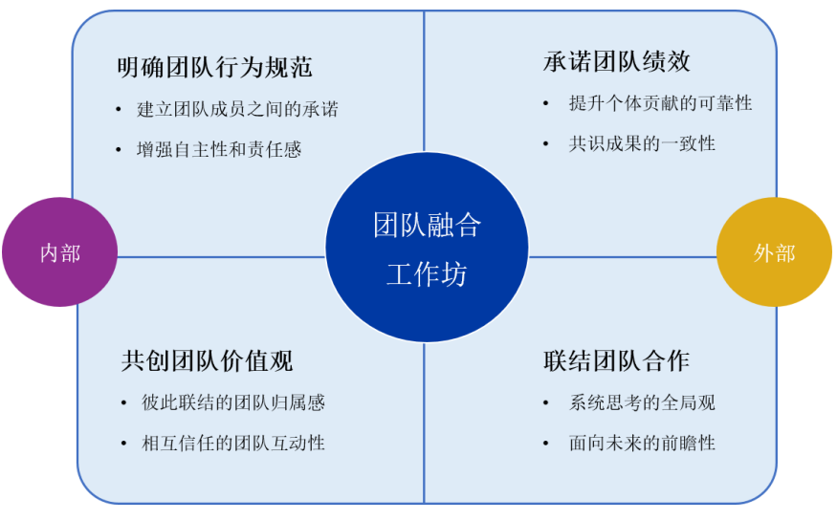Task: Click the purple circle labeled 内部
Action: point(59,252)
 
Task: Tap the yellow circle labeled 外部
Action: point(774,252)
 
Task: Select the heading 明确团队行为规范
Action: point(214,68)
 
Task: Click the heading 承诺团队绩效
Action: point(617,61)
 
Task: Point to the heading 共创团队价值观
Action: point(208,361)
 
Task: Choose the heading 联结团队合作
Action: point(617,361)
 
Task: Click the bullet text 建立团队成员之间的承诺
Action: point(237,109)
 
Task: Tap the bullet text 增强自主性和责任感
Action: point(219,149)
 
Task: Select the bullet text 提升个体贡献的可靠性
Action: point(660,103)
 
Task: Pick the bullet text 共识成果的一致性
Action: point(642,143)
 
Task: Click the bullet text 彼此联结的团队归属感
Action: point(233,402)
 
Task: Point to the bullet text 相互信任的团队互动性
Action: point(233,444)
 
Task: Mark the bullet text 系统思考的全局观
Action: point(642,402)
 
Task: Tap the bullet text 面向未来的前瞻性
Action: point(642,444)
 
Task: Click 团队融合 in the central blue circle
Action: point(427,225)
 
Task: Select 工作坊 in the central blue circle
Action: point(427,274)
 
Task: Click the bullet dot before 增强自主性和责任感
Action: point(119,150)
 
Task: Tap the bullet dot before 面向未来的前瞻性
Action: point(545,444)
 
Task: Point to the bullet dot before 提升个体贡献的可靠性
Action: point(545,103)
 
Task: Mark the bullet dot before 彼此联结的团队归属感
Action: point(123,403)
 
